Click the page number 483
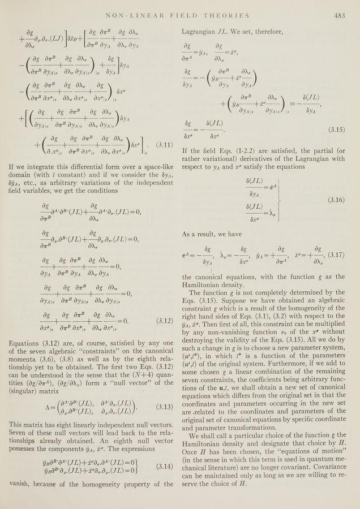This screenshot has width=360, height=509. click(340, 15)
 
